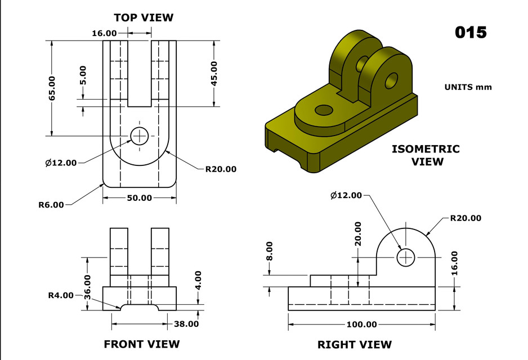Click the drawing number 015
pyautogui.click(x=471, y=32)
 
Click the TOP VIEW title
pyautogui.click(x=144, y=17)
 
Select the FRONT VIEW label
pyautogui.click(x=142, y=344)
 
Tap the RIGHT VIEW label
pyautogui.click(x=355, y=344)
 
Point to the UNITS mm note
pyautogui.click(x=468, y=87)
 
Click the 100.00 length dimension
pyautogui.click(x=361, y=325)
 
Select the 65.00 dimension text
pyautogui.click(x=52, y=88)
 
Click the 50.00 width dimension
pyautogui.click(x=139, y=197)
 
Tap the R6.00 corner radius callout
pyautogui.click(x=51, y=205)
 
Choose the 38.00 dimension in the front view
pyautogui.click(x=185, y=323)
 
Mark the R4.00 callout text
pyautogui.click(x=60, y=295)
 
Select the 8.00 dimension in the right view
pyautogui.click(x=269, y=250)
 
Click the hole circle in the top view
pyautogui.click(x=139, y=135)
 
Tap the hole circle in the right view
pyautogui.click(x=405, y=258)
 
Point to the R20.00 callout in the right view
pyautogui.click(x=466, y=218)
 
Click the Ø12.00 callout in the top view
pyautogui.click(x=61, y=163)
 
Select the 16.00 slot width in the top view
pyautogui.click(x=104, y=33)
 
